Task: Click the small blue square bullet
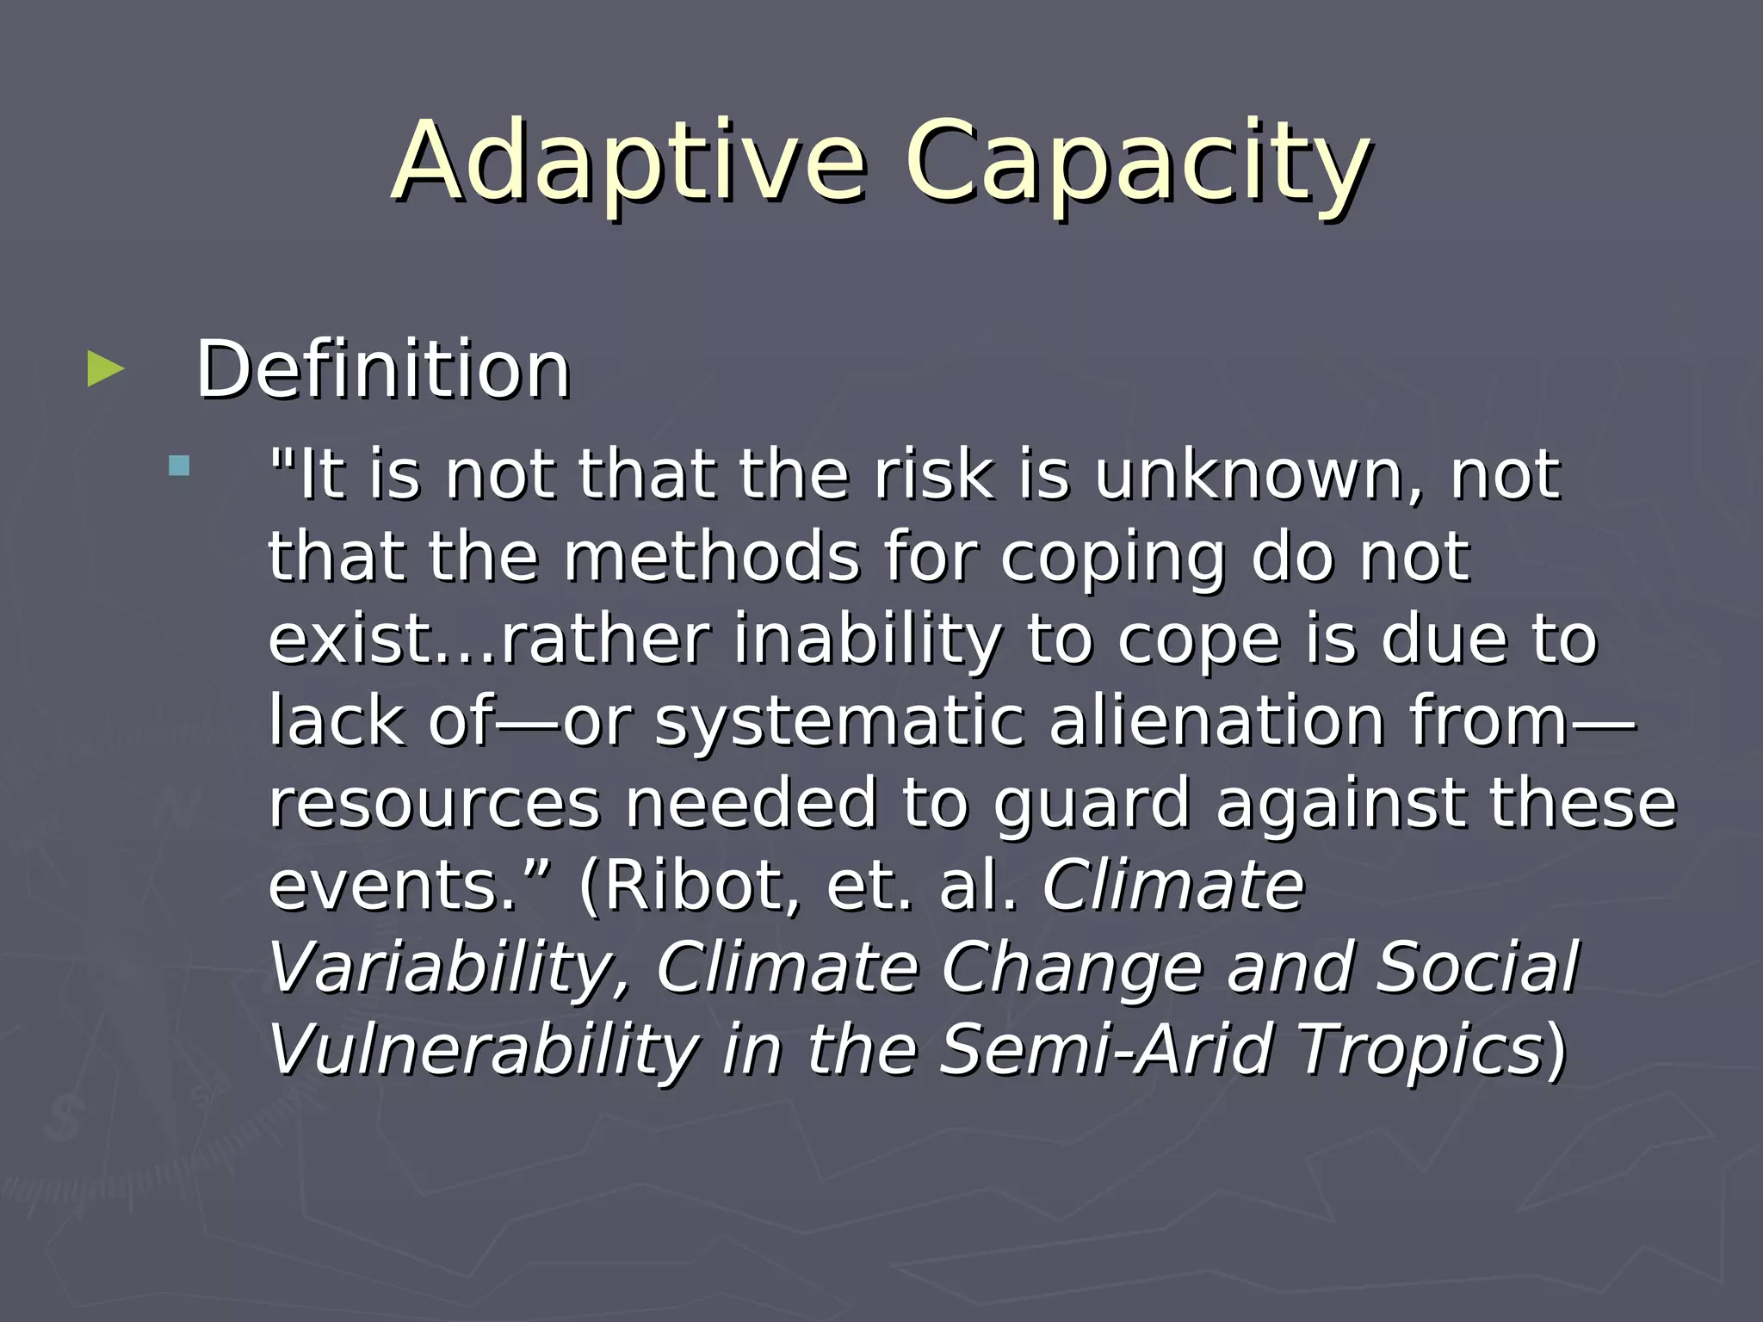(179, 466)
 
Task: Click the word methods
(711, 557)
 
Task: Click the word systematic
(839, 721)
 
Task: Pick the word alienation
(1216, 721)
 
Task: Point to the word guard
(1091, 803)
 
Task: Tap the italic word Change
(1071, 967)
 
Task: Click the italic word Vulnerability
(482, 1049)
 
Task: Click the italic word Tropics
(1420, 1049)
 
